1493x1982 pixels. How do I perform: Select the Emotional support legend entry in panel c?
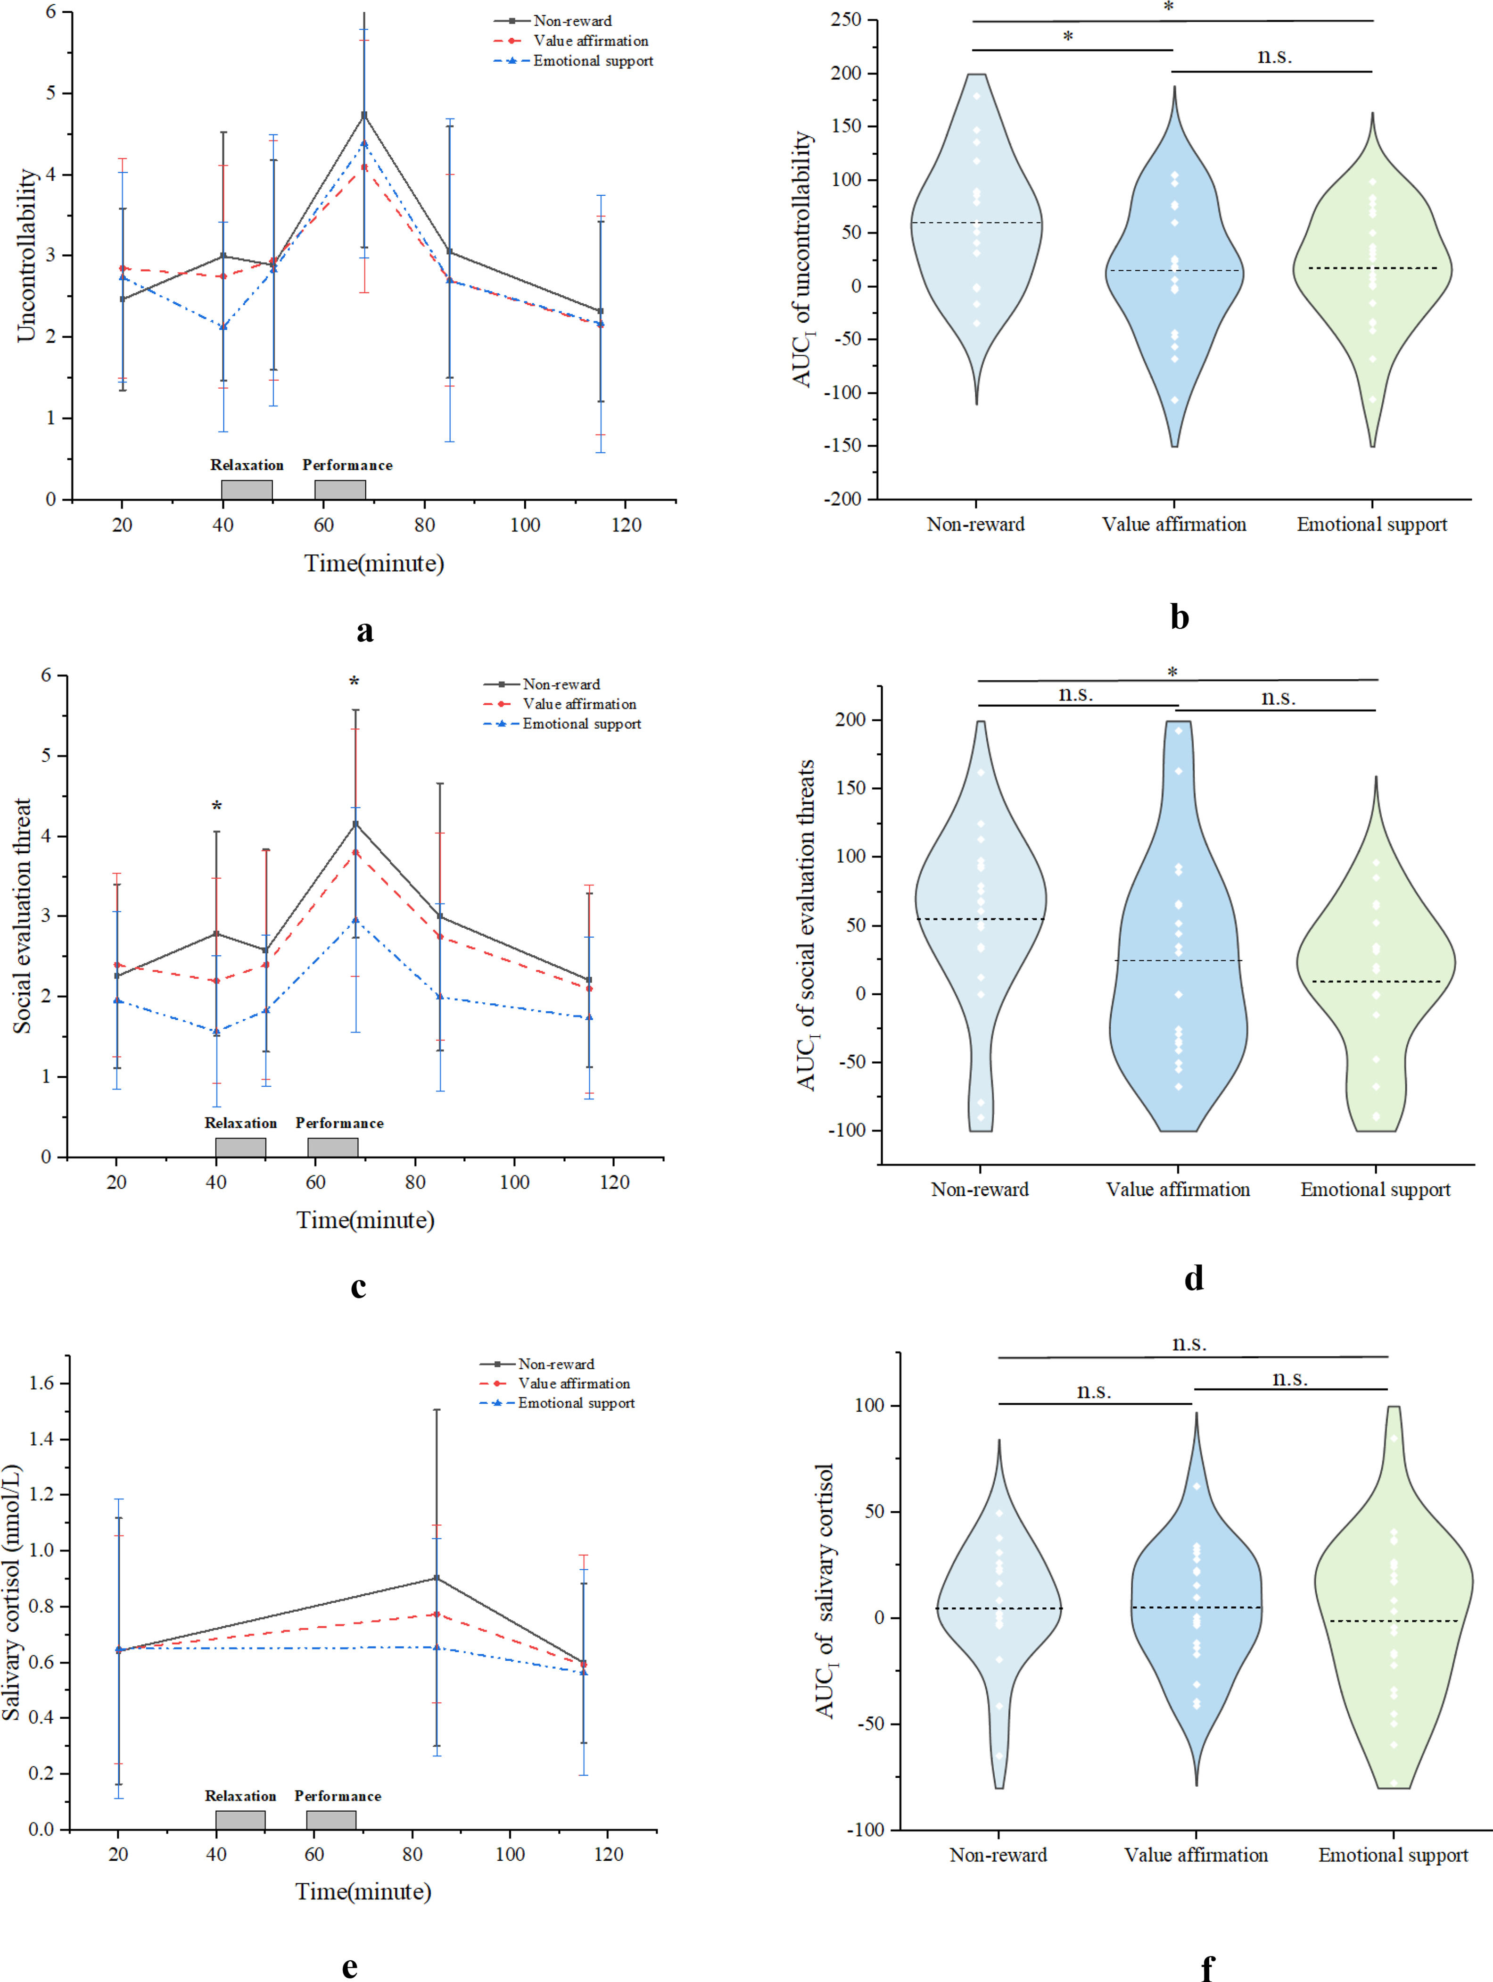pos(581,724)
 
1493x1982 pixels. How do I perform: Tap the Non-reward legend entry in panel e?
pos(555,1364)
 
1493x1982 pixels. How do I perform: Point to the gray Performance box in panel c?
pos(333,1147)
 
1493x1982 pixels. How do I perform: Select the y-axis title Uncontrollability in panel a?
pos(27,255)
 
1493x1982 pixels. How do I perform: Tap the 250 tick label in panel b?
pos(845,20)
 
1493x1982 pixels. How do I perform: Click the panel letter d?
pos(1193,1279)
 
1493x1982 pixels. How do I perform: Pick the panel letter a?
pos(364,631)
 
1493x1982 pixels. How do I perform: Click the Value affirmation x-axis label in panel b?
pos(1173,524)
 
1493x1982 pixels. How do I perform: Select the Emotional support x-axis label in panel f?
pos(1393,1855)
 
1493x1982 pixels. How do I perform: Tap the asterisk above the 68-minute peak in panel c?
pos(355,683)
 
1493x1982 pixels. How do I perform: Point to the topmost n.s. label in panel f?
pos(1189,1344)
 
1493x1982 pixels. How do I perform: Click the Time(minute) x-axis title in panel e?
pos(363,1891)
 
